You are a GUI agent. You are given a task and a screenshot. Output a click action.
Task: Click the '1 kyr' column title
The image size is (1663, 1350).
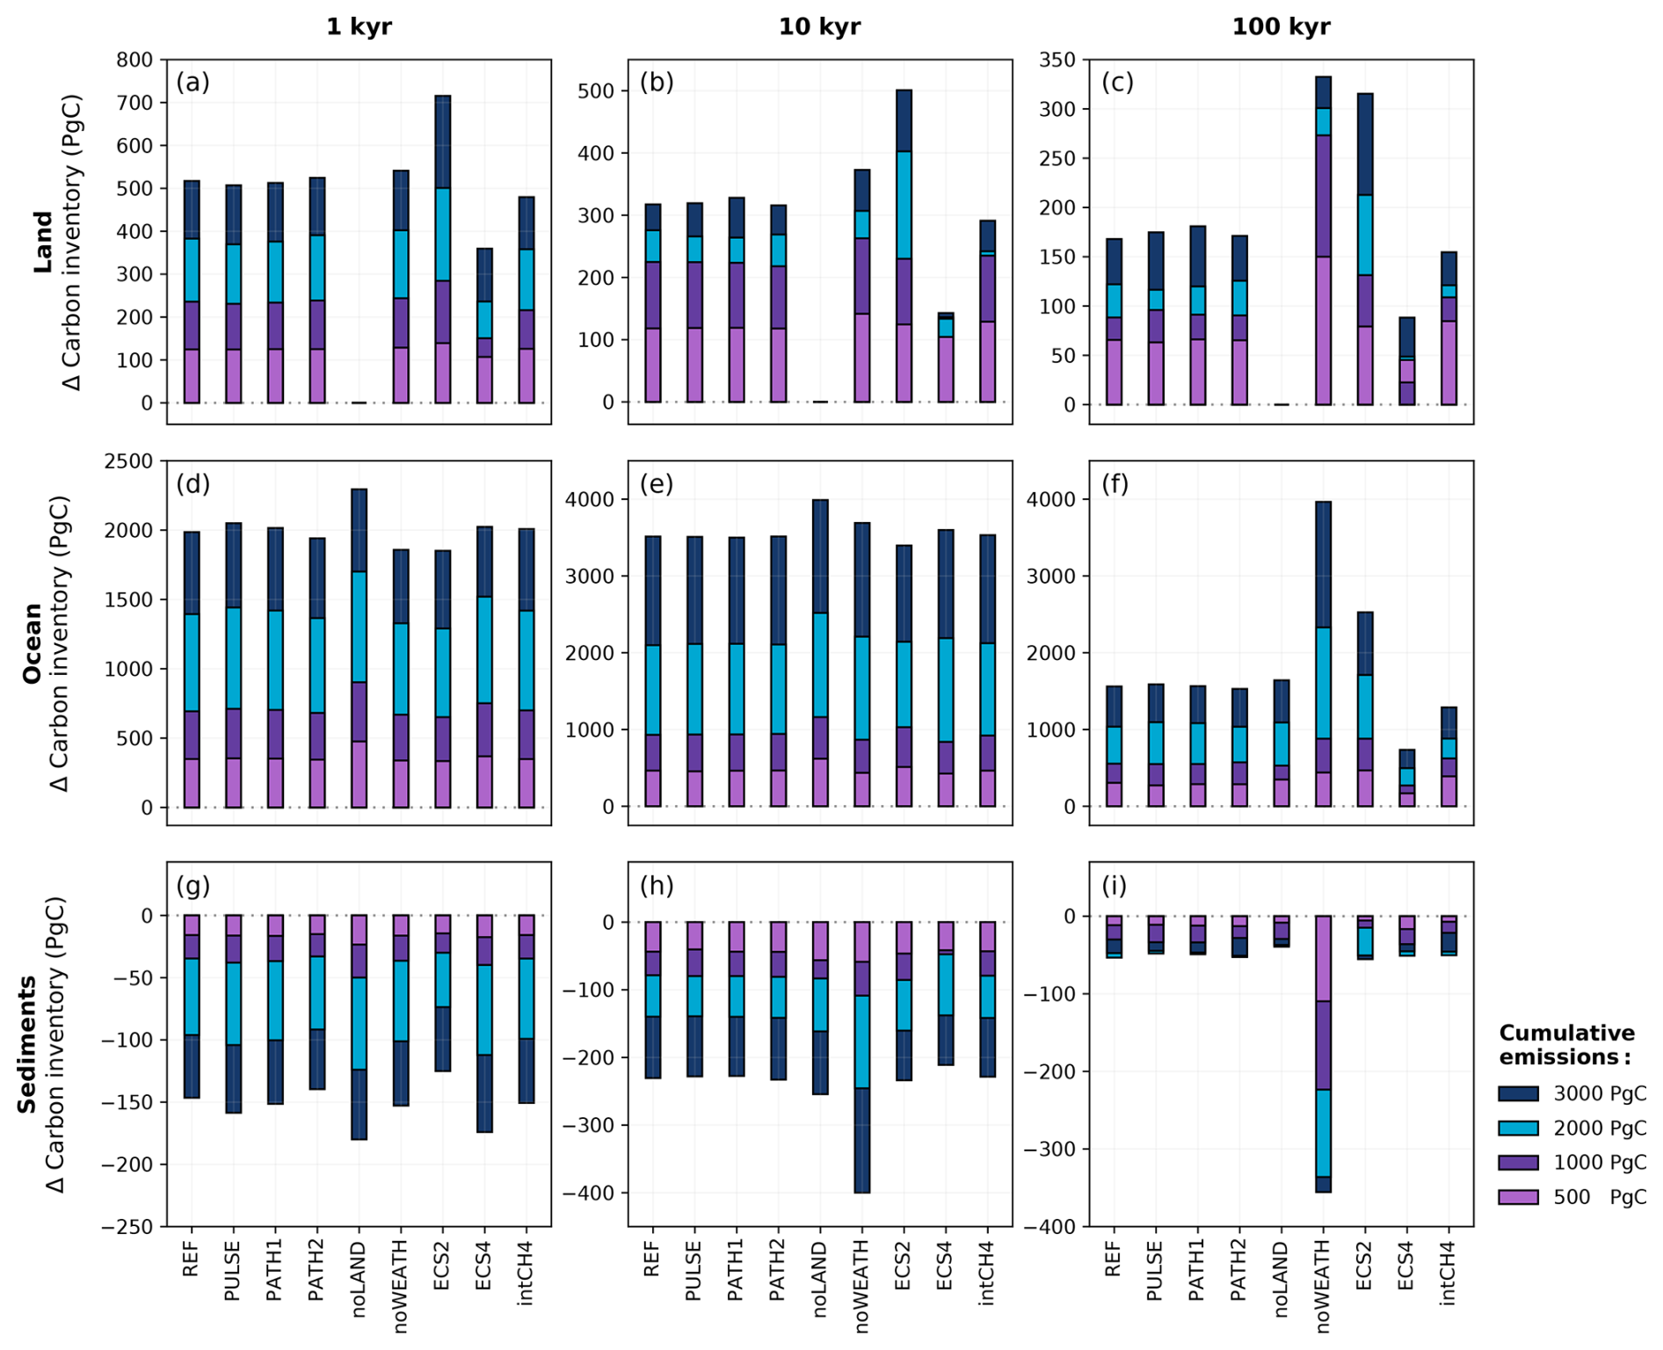(359, 26)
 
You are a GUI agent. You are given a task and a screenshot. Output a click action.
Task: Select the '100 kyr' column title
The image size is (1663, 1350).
(1281, 26)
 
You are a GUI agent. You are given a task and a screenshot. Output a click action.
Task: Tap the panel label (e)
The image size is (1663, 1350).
(657, 483)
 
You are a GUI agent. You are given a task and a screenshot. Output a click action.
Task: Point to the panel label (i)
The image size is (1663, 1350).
(1114, 885)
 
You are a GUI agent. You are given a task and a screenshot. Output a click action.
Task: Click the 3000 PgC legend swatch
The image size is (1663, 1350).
(1518, 1093)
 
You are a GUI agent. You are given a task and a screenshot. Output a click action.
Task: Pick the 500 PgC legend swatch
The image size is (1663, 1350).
(1518, 1197)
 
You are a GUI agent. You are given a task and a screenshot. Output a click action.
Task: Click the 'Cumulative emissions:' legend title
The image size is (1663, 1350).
(1566, 1044)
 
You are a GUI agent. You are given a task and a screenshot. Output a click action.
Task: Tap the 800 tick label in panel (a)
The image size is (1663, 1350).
(134, 60)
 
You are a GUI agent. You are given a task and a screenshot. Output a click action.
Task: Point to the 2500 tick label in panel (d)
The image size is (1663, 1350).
(128, 461)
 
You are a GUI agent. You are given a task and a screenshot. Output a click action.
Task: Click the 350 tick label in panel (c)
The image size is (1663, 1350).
(1057, 60)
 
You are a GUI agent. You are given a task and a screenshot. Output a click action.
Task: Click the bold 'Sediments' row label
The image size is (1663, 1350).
(27, 1044)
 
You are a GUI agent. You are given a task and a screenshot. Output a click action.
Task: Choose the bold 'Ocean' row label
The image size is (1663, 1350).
(33, 642)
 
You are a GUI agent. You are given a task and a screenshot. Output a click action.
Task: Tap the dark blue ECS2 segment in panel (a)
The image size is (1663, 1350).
(443, 142)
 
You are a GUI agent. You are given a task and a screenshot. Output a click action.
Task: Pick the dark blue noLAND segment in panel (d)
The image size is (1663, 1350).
(359, 530)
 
